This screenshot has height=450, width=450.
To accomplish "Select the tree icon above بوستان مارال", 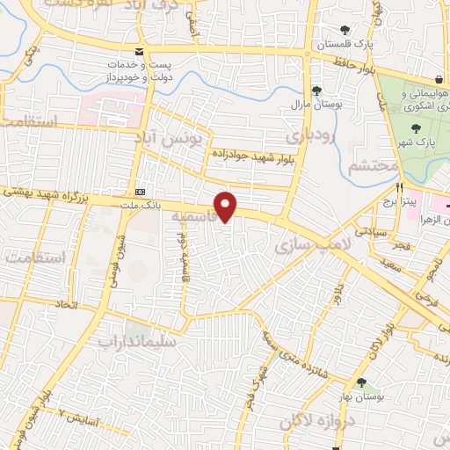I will [x=316, y=91].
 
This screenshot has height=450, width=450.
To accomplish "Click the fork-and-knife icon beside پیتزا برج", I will [x=400, y=187].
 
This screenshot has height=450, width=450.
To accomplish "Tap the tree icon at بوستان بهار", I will [x=361, y=382].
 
